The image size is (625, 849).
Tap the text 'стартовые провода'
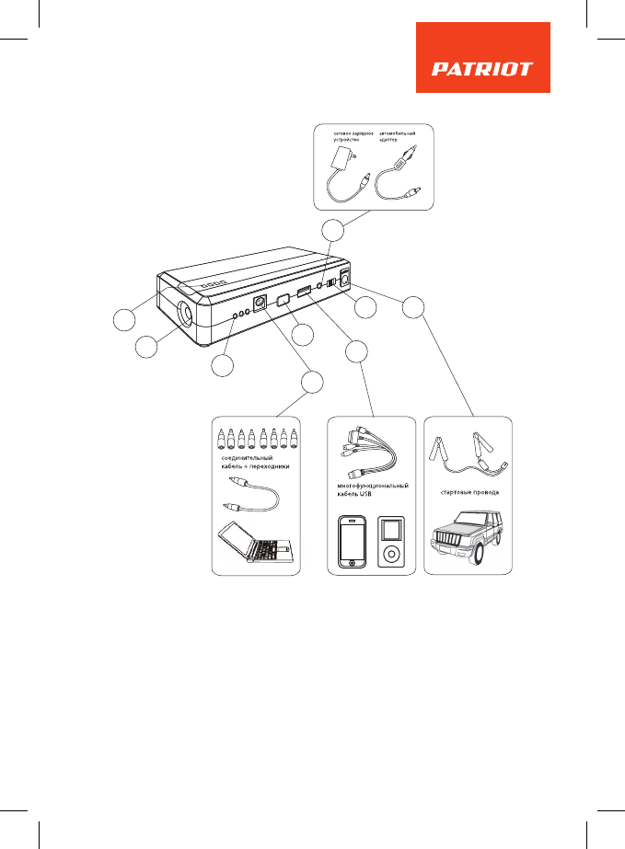pos(469,492)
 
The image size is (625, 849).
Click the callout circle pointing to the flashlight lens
pos(146,349)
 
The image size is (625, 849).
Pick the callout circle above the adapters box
pos(313,383)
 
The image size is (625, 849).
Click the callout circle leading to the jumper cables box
pos(415,309)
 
